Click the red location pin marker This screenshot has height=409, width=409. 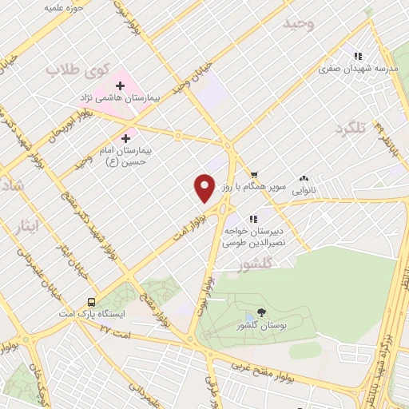point(204,188)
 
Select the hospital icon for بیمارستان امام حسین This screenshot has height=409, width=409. point(126,139)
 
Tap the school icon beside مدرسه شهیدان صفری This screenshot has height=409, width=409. point(359,56)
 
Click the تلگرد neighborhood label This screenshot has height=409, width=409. point(355,129)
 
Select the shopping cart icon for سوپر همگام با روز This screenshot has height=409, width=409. point(254,175)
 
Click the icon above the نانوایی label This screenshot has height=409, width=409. point(304,179)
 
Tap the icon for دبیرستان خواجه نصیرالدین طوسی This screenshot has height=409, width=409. point(253,218)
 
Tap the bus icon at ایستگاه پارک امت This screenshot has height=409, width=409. point(92,303)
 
